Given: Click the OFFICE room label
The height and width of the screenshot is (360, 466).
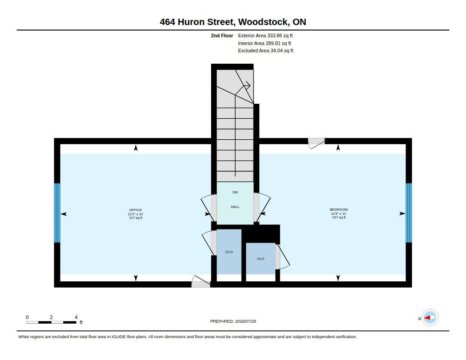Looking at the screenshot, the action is [x=136, y=210].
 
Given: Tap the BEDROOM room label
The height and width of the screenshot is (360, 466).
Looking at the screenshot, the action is [x=339, y=209].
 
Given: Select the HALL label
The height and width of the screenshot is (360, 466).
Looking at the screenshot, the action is [x=235, y=207].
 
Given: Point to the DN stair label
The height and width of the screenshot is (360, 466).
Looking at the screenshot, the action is [x=235, y=193].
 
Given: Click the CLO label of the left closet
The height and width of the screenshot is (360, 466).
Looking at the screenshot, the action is [x=229, y=252].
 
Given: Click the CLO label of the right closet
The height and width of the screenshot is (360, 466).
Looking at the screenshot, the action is [x=261, y=259].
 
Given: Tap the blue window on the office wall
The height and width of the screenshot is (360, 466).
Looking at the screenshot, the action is [x=57, y=213].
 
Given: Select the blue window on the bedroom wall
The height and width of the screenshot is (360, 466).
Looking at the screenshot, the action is [x=409, y=213].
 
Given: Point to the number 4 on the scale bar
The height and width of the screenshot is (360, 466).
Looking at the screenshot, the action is [x=76, y=317].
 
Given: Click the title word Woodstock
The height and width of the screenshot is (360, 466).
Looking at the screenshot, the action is [x=263, y=22].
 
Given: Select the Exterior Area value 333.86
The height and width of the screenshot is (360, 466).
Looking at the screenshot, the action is [x=274, y=35].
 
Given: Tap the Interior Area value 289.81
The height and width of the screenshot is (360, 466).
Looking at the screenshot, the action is [x=273, y=43].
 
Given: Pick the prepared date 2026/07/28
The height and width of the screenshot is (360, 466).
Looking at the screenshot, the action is [x=245, y=321].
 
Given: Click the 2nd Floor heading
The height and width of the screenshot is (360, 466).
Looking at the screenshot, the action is [x=222, y=35].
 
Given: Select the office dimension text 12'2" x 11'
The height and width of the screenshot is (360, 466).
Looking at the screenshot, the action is [x=136, y=214].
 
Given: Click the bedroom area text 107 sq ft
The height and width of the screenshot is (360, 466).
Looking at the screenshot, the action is [x=339, y=217].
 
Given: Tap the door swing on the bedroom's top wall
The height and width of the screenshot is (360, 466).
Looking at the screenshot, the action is [x=316, y=143].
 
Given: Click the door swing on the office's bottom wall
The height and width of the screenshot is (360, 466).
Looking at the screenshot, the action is [x=201, y=281].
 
